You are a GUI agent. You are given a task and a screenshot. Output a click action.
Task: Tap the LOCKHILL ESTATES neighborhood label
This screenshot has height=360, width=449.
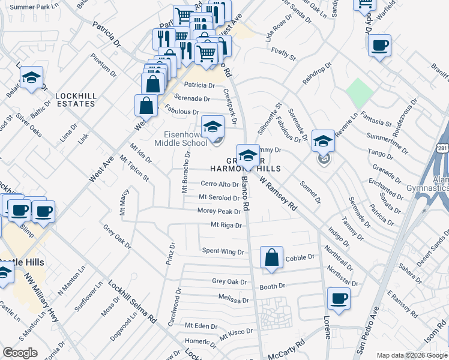75,100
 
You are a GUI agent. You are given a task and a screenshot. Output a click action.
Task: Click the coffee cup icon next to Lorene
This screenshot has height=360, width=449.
339,298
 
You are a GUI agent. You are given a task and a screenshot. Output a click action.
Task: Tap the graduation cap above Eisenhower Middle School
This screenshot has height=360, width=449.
212,127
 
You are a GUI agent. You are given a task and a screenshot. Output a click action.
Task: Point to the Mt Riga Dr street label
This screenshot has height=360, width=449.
226,226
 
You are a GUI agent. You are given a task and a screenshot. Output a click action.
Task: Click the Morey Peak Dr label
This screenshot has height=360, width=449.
219,211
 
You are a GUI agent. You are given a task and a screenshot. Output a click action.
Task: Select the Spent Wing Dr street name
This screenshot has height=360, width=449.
223,251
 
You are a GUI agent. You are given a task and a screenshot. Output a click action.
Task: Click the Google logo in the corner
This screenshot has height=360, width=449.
20,353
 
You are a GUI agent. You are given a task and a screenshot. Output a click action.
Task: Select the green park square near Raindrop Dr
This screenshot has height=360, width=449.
360,93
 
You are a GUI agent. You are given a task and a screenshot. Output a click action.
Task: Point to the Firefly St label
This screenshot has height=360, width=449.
283,54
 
